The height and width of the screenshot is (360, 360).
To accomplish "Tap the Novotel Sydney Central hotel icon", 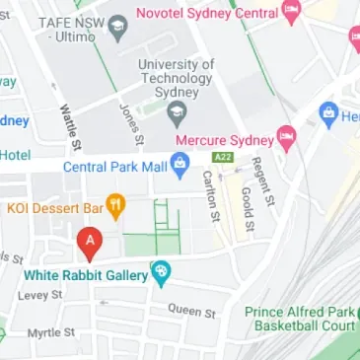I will click(x=290, y=13).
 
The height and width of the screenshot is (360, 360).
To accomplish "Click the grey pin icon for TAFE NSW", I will click(x=120, y=26).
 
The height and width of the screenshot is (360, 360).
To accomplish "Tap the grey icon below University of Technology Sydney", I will click(x=177, y=118).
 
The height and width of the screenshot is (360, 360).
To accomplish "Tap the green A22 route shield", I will click(x=224, y=157).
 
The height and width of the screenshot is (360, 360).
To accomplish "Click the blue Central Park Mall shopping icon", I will click(x=179, y=167).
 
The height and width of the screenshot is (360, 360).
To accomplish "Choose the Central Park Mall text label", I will click(x=113, y=167).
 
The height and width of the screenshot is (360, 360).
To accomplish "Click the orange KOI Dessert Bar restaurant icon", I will click(x=116, y=207).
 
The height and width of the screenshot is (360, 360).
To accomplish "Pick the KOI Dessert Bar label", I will click(x=55, y=208).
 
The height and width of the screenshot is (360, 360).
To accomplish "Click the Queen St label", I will click(x=191, y=311).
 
